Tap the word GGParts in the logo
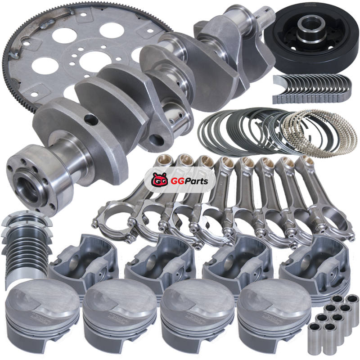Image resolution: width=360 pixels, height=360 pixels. point(189,181)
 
